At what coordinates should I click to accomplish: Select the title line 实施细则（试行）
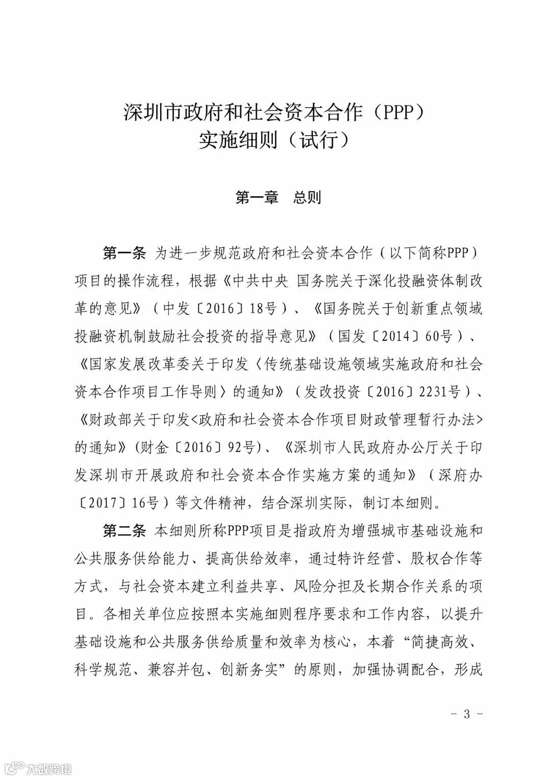pyautogui.click(x=275, y=140)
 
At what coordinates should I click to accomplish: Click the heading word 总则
pyautogui.click(x=307, y=197)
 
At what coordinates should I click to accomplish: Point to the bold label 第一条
pyautogui.click(x=124, y=253)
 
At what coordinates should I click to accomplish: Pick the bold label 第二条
pyautogui.click(x=124, y=531)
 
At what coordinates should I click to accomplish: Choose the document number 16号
pyautogui.click(x=145, y=504)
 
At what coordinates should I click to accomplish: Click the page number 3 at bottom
pyautogui.click(x=466, y=714)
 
